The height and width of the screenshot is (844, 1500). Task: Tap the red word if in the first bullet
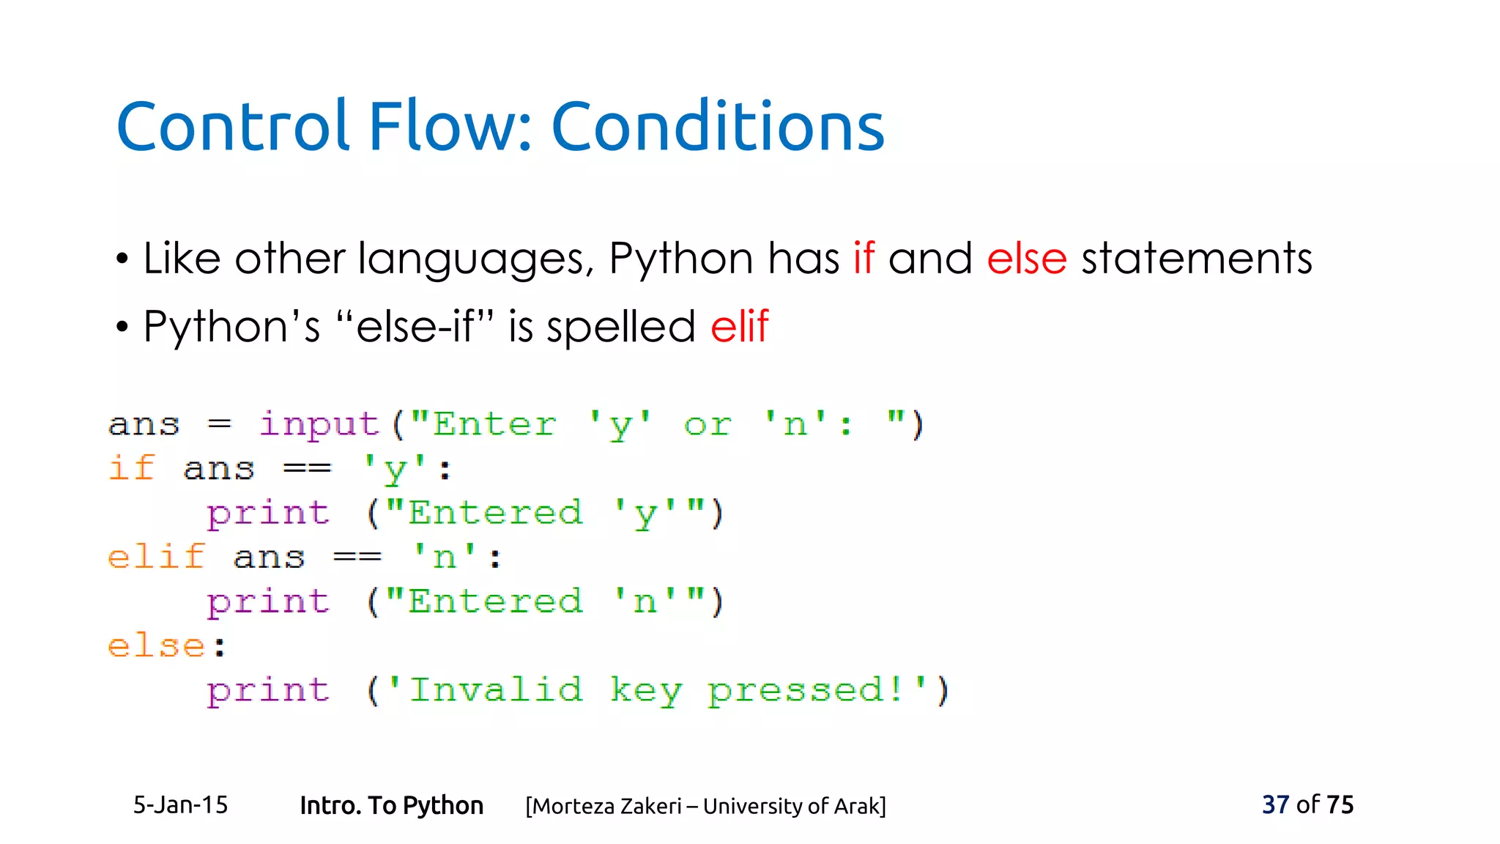(x=864, y=259)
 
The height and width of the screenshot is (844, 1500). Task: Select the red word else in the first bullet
(x=1026, y=259)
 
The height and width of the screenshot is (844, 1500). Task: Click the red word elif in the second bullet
(x=739, y=326)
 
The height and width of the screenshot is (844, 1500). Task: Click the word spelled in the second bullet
(x=620, y=327)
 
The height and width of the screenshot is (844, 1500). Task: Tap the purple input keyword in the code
(x=319, y=425)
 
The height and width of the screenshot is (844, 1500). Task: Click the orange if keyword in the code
(x=132, y=469)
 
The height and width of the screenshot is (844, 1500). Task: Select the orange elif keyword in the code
(x=156, y=558)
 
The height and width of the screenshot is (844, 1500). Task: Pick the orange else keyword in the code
(x=156, y=646)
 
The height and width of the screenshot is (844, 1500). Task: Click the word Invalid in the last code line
(x=496, y=690)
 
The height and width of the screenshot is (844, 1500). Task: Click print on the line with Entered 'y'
(x=268, y=514)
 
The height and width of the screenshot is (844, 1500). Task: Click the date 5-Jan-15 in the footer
(x=180, y=805)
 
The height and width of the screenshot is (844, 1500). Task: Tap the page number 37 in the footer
(x=1275, y=804)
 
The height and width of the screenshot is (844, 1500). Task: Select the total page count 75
(x=1340, y=804)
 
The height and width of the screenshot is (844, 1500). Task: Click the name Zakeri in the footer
(x=650, y=806)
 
